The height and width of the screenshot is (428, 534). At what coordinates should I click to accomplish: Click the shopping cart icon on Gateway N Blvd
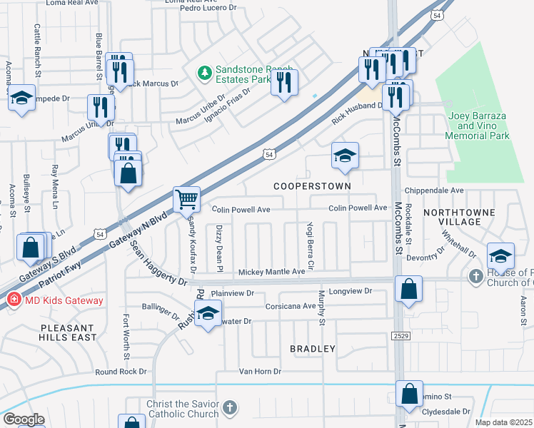(x=186, y=199)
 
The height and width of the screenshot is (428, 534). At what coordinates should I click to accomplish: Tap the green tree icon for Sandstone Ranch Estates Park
(x=205, y=72)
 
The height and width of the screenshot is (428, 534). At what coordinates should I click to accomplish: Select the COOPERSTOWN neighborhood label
(x=313, y=185)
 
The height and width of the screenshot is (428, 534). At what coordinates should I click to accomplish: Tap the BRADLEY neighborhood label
(x=312, y=349)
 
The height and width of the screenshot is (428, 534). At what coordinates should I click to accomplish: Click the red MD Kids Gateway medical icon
(x=12, y=300)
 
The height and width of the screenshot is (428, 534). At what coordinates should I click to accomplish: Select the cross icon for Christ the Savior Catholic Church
(x=228, y=407)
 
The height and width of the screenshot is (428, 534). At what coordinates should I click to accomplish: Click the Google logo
(x=24, y=419)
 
